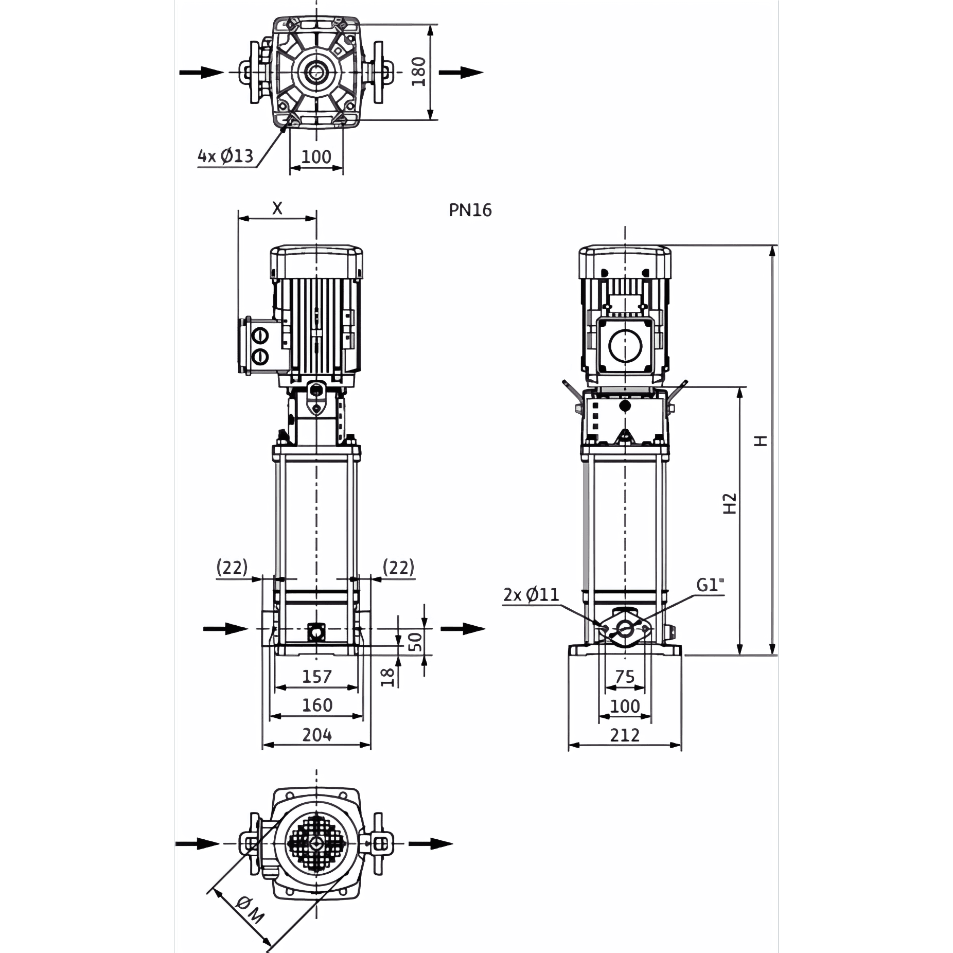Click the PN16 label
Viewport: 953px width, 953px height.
tap(470, 210)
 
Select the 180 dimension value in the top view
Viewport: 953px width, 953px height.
tap(419, 72)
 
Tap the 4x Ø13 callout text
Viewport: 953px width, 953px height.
tap(225, 155)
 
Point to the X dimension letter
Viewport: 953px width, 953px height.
tap(277, 208)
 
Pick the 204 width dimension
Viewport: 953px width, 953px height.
tap(316, 735)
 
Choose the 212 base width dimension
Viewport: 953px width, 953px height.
tap(625, 735)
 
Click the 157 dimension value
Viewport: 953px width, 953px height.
tap(316, 676)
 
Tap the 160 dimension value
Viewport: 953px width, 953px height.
tap(316, 705)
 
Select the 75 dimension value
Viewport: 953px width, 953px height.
tap(625, 677)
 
